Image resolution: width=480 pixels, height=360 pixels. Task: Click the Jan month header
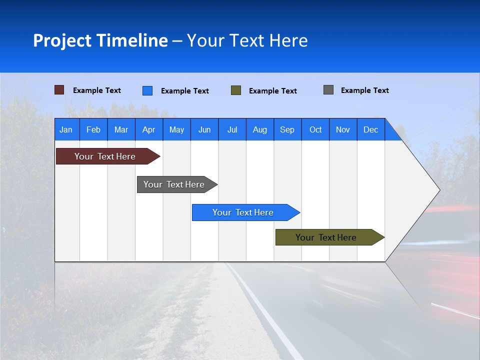click(x=66, y=129)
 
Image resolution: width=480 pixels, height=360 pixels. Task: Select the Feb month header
click(x=93, y=129)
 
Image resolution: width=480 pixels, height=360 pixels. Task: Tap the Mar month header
click(x=121, y=129)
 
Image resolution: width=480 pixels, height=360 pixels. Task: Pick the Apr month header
click(x=149, y=129)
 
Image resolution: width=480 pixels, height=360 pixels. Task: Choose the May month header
click(x=176, y=129)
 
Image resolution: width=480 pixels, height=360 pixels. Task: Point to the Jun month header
click(x=204, y=129)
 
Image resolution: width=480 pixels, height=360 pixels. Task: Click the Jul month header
click(x=232, y=129)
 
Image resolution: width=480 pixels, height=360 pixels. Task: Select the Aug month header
click(x=260, y=129)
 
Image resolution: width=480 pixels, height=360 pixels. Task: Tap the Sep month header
click(x=287, y=129)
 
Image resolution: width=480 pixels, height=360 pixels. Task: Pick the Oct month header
click(x=315, y=129)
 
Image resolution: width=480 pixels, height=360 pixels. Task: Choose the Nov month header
click(x=343, y=129)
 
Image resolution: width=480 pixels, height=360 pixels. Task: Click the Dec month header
click(x=371, y=129)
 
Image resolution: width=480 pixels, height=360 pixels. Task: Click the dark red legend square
click(x=59, y=90)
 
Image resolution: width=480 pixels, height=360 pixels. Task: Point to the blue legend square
click(x=147, y=90)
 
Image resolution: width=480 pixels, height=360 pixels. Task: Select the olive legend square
click(x=236, y=90)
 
